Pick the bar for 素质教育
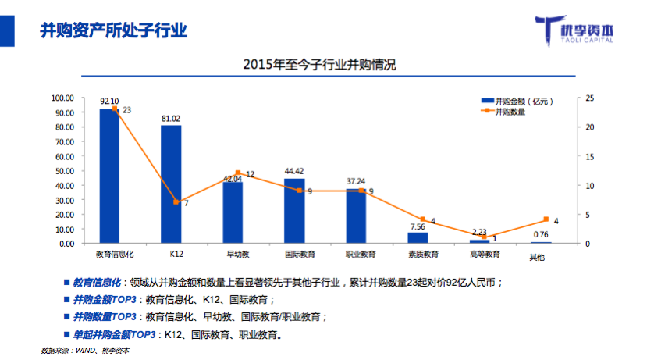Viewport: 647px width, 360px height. [x=418, y=237]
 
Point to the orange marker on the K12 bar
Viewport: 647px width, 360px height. [x=176, y=202]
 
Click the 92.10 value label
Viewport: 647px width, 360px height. [x=109, y=102]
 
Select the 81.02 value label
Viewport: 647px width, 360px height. [x=171, y=119]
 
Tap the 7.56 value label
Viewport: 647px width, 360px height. [x=418, y=226]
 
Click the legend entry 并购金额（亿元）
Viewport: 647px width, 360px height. [x=515, y=102]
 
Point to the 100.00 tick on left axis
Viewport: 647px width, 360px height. [x=62, y=98]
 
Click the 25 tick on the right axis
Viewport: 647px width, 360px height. [x=589, y=98]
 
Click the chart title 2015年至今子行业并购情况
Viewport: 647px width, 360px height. [x=320, y=65]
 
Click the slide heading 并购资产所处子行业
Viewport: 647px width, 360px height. [x=113, y=30]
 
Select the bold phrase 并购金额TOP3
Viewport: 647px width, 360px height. [x=105, y=300]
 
